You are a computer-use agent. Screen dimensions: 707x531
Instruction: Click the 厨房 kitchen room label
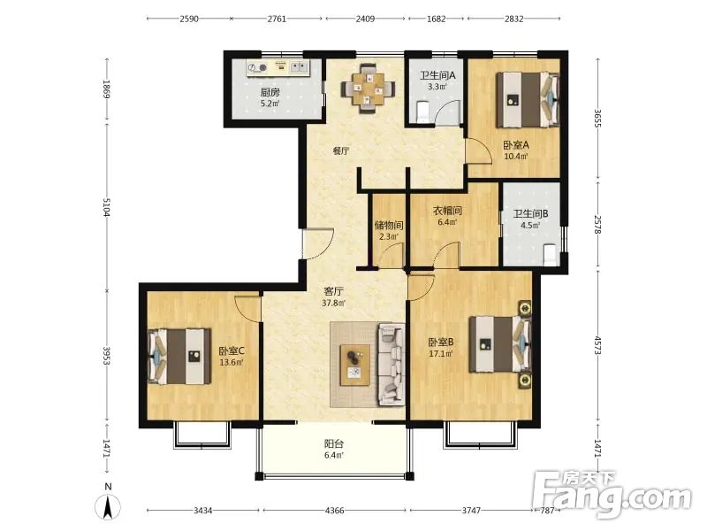click(x=270, y=93)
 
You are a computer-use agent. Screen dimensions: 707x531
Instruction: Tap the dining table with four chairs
click(x=368, y=88)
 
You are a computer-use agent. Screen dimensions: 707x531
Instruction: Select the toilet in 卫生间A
click(x=423, y=112)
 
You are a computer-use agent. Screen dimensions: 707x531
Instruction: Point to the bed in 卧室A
click(x=528, y=100)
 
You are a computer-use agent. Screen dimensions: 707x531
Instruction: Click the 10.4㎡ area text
click(x=516, y=157)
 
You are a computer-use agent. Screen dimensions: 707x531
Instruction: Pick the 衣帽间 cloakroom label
click(x=447, y=211)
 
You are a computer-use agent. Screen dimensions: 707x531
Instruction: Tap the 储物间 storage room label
click(x=389, y=225)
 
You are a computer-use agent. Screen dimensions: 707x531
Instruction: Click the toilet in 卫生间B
click(x=550, y=254)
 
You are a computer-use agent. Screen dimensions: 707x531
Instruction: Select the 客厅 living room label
click(x=334, y=292)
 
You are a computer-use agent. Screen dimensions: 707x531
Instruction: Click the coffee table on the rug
click(x=355, y=365)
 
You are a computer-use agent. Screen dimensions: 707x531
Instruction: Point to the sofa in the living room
click(x=391, y=364)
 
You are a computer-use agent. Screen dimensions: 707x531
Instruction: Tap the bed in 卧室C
click(x=179, y=357)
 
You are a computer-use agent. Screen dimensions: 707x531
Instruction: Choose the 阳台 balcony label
click(x=334, y=444)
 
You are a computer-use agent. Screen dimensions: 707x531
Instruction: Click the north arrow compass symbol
click(x=108, y=506)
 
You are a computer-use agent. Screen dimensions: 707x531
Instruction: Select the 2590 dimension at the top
click(x=189, y=19)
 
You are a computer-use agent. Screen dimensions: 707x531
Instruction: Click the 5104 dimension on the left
click(x=107, y=207)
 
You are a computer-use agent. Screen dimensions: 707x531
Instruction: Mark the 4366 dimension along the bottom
click(x=335, y=511)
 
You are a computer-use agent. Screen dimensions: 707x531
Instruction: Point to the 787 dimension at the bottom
click(x=547, y=511)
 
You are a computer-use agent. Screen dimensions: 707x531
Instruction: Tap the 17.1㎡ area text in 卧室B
click(x=440, y=354)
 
